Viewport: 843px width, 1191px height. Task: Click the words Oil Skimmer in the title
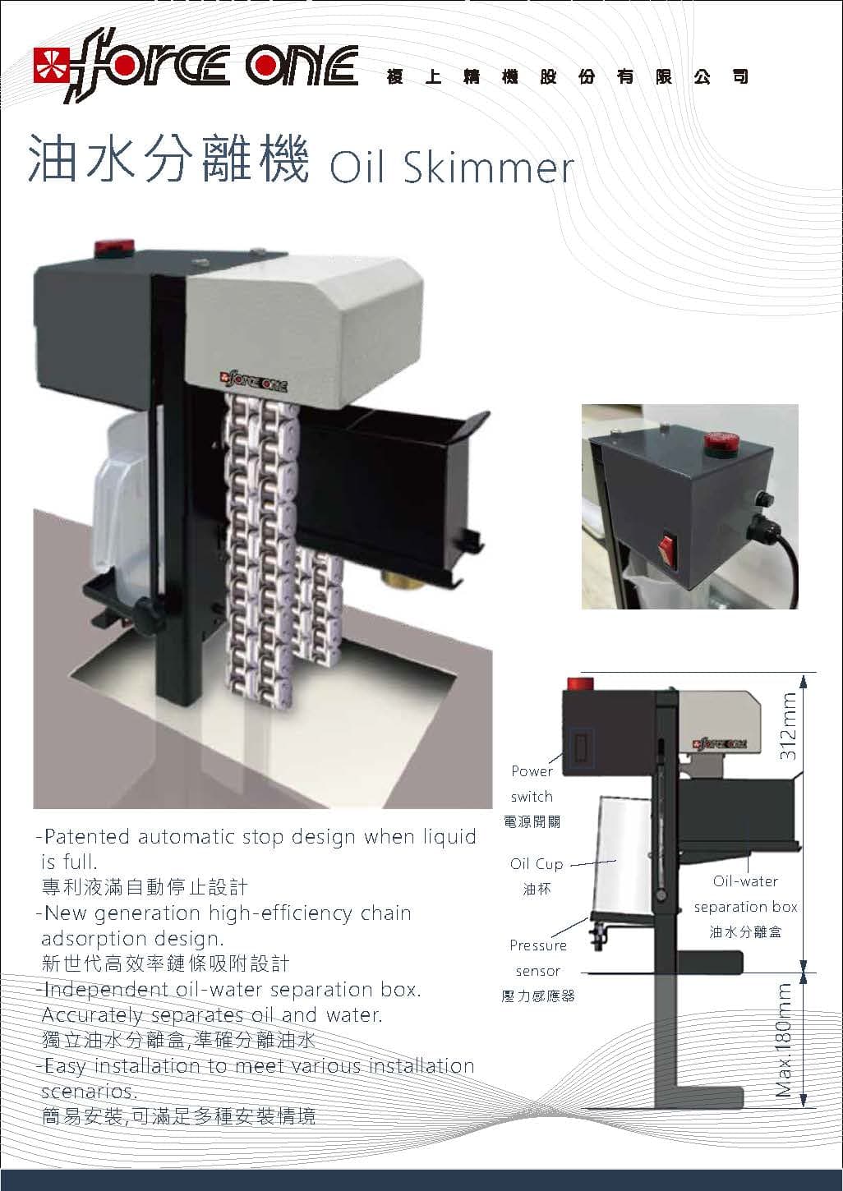pos(450,167)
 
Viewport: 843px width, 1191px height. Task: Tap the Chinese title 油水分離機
pos(168,159)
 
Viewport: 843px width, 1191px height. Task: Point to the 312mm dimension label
pos(787,727)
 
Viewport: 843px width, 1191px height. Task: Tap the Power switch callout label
pos(532,784)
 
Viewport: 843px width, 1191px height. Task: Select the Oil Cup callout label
pos(537,864)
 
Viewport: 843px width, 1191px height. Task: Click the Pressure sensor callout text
pos(538,958)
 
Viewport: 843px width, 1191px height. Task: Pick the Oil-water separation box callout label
pos(745,894)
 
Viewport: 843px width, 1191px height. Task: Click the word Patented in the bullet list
pos(85,837)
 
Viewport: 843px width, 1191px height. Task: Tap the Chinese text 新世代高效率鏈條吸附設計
pos(165,963)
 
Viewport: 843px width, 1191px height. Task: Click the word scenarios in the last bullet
pos(88,1092)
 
